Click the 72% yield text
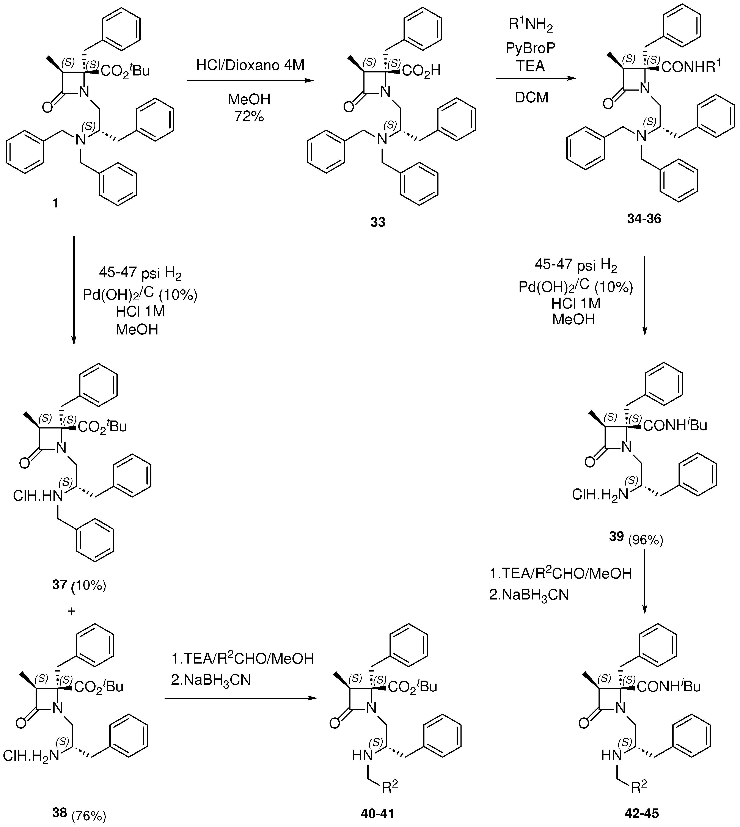pyautogui.click(x=249, y=117)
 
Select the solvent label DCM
pyautogui.click(x=531, y=98)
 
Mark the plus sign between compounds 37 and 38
pyautogui.click(x=71, y=611)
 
